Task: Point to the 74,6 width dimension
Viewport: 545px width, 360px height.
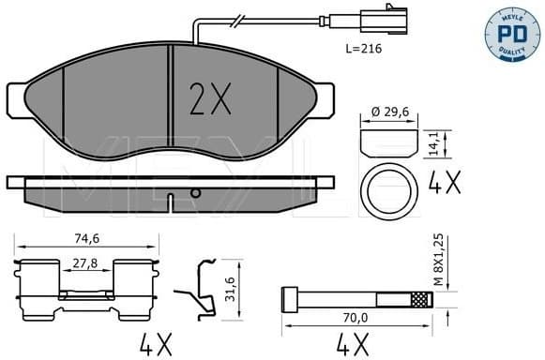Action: pos(87,239)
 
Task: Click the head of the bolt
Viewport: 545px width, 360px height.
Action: pos(290,300)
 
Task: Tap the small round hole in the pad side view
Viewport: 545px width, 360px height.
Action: pos(196,192)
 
